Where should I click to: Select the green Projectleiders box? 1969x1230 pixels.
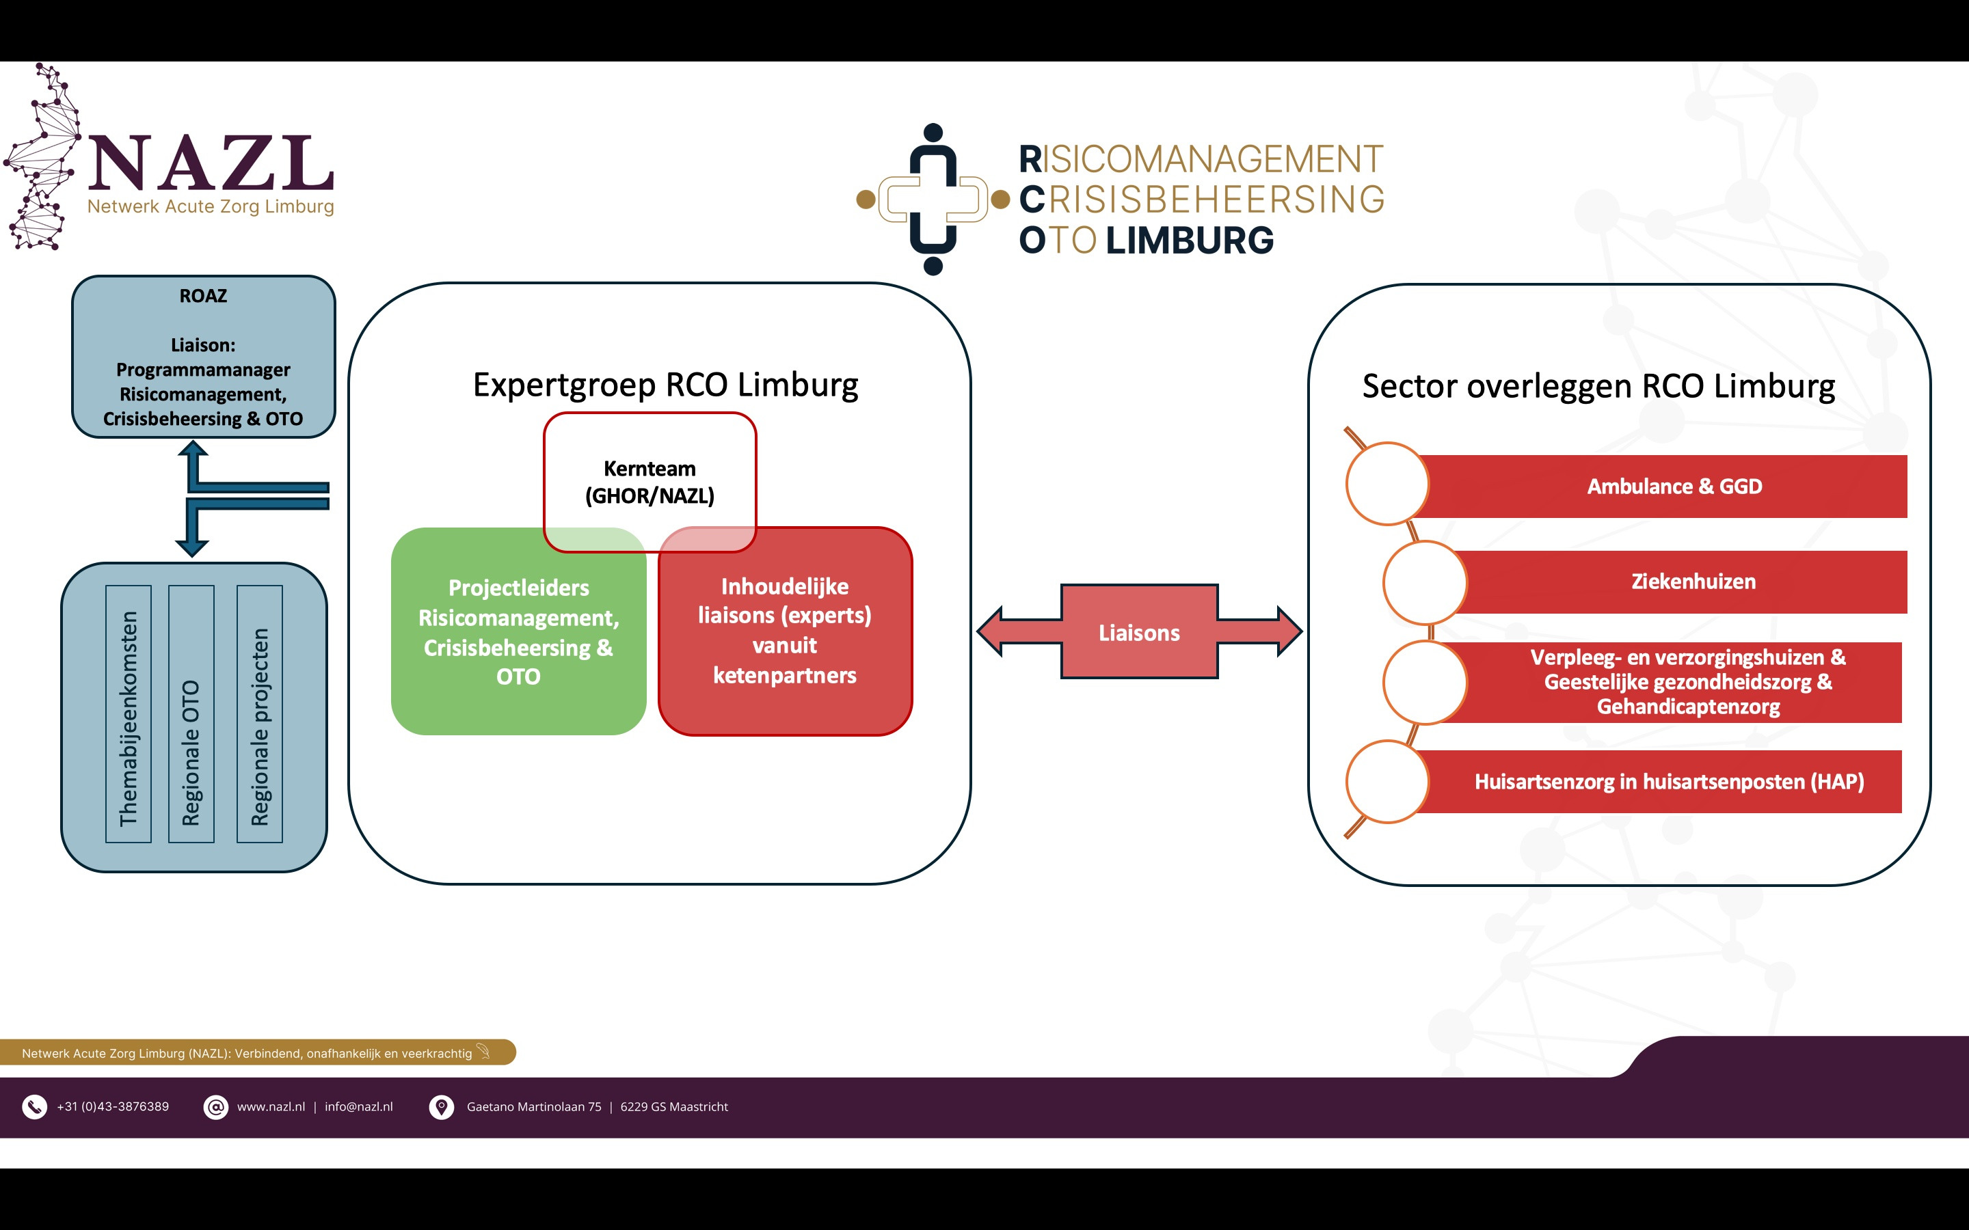[x=518, y=631]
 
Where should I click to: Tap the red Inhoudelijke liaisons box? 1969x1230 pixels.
[x=785, y=631]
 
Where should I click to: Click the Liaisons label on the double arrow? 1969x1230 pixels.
[x=1139, y=633]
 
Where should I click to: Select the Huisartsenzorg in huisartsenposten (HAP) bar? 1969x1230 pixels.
[x=1660, y=782]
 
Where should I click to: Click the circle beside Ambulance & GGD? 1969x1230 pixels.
[x=1387, y=484]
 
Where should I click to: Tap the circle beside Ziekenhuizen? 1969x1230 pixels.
[x=1425, y=582]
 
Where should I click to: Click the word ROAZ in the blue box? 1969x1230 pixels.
[x=204, y=296]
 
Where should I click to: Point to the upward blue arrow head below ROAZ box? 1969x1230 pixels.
[x=193, y=448]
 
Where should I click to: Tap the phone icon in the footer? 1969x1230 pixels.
[x=34, y=1107]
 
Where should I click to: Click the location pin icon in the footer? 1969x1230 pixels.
[x=441, y=1107]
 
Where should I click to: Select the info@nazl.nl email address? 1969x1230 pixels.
[x=359, y=1107]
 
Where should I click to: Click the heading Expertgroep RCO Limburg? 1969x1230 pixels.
[x=665, y=385]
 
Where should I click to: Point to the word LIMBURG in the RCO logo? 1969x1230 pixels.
[x=1190, y=241]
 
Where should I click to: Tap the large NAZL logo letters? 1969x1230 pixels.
[x=211, y=163]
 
